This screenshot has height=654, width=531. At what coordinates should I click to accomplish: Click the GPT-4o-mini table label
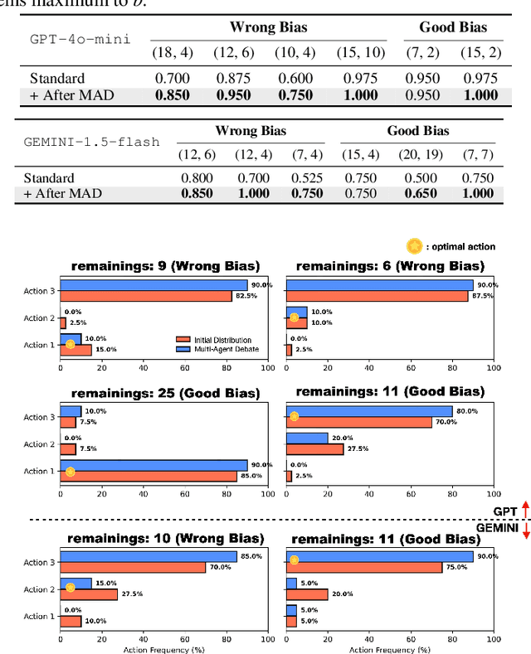point(80,40)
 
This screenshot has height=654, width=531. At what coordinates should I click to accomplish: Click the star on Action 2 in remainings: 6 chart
point(294,318)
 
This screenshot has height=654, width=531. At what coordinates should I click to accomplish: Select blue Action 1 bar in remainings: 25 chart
point(153,466)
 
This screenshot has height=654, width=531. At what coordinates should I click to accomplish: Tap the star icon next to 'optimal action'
point(412,247)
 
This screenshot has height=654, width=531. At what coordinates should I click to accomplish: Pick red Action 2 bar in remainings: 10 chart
point(89,594)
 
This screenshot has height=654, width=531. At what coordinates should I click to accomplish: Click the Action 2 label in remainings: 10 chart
point(38,589)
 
